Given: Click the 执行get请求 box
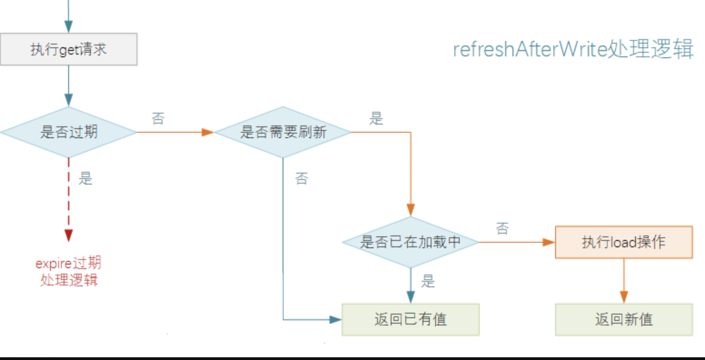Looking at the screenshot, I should tap(68, 49).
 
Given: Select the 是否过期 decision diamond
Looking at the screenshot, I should tap(68, 132).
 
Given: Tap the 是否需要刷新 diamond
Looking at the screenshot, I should tap(283, 132).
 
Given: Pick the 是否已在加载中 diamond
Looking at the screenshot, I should tap(410, 242).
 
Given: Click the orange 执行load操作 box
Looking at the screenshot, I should tap(624, 242).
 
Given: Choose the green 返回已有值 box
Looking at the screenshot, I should tap(410, 320).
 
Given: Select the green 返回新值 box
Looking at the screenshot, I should tap(624, 320).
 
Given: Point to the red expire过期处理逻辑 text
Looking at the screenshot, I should tap(68, 271).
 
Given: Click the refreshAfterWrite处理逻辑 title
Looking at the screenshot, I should tap(573, 49).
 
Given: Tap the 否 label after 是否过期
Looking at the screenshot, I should tap(158, 118).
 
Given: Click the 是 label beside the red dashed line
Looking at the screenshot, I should tap(85, 178).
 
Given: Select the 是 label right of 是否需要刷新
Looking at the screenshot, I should tap(376, 118).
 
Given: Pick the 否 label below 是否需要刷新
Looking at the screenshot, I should tap(302, 178).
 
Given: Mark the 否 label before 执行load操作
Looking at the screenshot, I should tap(502, 228).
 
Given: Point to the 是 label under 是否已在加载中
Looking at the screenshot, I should tap(428, 281).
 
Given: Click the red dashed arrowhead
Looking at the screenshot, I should tap(69, 235).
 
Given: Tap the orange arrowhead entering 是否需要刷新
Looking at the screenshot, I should tap(208, 132).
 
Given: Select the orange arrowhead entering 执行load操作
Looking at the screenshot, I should tap(549, 242).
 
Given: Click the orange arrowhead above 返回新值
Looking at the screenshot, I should tap(624, 297).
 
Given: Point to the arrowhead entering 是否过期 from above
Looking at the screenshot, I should tap(69, 100).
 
